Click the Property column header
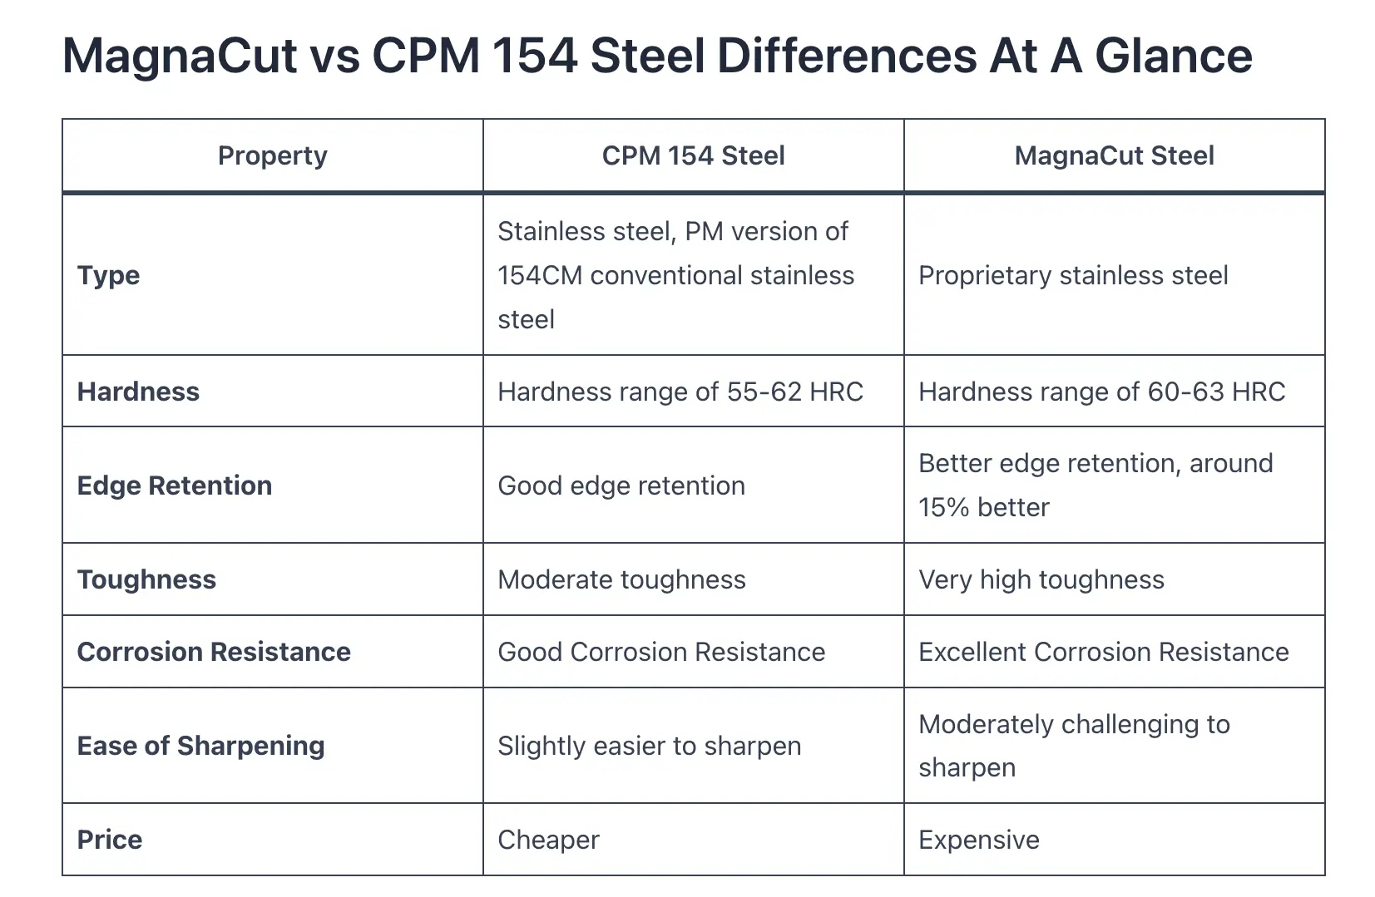click(x=272, y=155)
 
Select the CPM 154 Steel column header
click(x=693, y=155)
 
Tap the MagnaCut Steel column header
click(x=1114, y=155)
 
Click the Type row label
click(x=108, y=275)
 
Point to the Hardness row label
click(x=138, y=392)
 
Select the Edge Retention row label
click(x=174, y=485)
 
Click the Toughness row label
click(x=146, y=579)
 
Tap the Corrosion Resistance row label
click(x=214, y=652)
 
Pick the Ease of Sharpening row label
click(x=200, y=746)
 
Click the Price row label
click(x=109, y=840)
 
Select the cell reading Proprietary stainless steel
click(x=1073, y=275)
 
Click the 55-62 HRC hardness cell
click(x=680, y=392)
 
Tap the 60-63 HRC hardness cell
click(x=1101, y=392)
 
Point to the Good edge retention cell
click(x=621, y=485)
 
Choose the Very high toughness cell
click(x=1041, y=579)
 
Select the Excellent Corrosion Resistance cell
click(x=1103, y=652)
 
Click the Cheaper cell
click(x=548, y=840)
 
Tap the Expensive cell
click(x=979, y=840)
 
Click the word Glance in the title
click(x=1173, y=57)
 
